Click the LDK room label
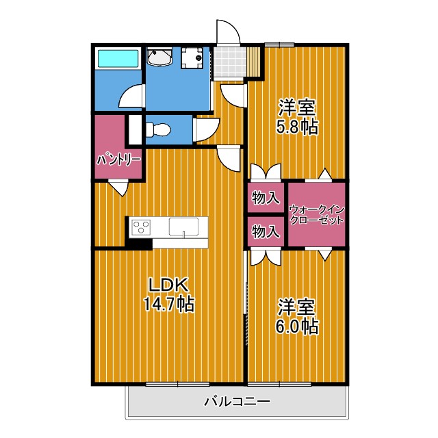168,285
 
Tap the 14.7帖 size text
168,304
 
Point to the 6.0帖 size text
297,326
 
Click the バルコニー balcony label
237,402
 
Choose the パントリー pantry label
118,159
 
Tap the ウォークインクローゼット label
315,214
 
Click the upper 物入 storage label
266,198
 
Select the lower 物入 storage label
266,232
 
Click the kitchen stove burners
142,227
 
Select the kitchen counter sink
187,227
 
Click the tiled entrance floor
230,62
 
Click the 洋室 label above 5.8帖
297,108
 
